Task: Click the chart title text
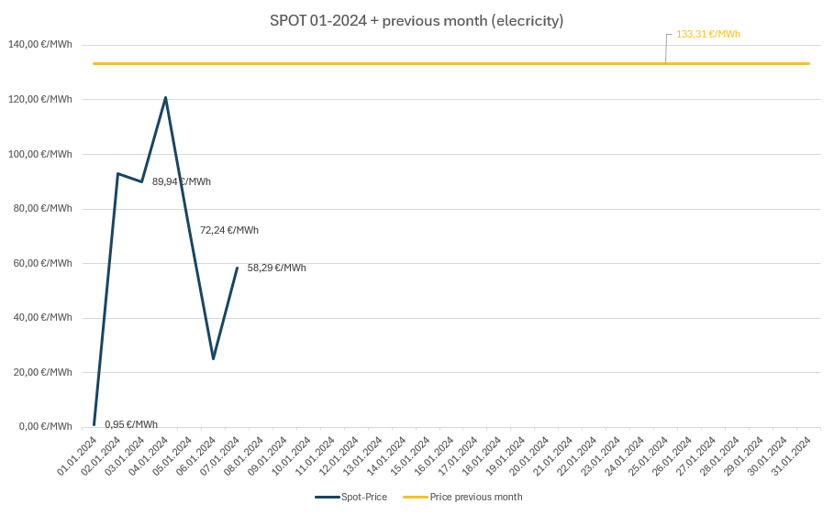tap(417, 20)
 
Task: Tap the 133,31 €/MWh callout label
tap(707, 34)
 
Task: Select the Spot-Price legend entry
tap(351, 497)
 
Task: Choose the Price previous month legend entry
tap(463, 497)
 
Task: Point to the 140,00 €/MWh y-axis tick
tap(39, 45)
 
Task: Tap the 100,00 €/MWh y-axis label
tap(39, 154)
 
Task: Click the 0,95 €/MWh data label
tap(131, 424)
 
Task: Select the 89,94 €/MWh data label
tap(182, 181)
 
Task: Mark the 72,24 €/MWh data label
tap(229, 230)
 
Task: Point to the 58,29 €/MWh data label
tap(276, 268)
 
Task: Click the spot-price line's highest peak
tap(165, 97)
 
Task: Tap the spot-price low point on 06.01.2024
tap(213, 358)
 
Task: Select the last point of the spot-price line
tap(237, 268)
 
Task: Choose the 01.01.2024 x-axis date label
tap(78, 455)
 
